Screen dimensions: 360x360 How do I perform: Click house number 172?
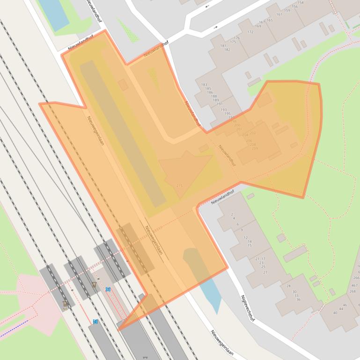pos(250,32)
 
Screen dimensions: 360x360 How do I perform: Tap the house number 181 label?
pos(223,45)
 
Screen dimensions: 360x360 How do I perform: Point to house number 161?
pos(279,14)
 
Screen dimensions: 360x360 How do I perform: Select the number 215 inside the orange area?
pos(179,186)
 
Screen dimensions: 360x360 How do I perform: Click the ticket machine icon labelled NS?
pos(65,304)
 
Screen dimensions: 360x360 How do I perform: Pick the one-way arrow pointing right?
pos(216,28)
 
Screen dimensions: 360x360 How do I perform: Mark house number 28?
pos(288,286)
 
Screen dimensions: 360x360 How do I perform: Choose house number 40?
pos(335,313)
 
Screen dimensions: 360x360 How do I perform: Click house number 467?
pos(354,285)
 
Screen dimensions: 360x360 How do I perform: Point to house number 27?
pos(265,272)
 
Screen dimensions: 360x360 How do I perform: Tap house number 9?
pos(242,230)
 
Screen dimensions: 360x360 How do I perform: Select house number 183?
pos(204,85)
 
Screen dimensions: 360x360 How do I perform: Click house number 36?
pos(298,299)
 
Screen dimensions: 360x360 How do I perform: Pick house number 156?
pos(294,7)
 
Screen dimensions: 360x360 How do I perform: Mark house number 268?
pos(352,291)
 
